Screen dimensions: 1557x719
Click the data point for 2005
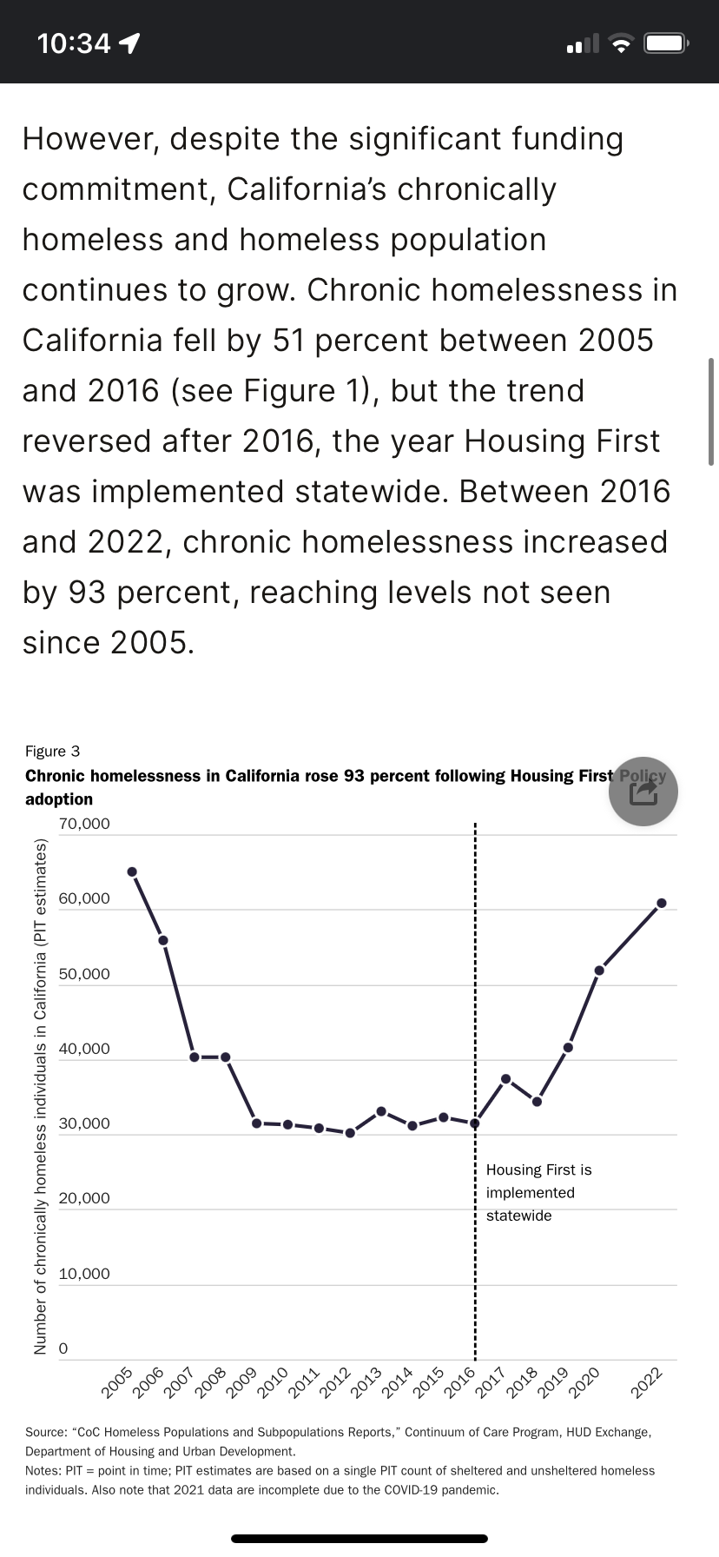132,871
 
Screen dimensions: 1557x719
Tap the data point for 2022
662,903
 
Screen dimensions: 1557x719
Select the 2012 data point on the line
350,1133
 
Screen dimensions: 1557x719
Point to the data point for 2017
506,1078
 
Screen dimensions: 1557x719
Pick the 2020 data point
599,970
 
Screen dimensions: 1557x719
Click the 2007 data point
195,1057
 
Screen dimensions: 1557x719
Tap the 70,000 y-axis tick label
84,824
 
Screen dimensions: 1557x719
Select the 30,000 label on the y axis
84,1123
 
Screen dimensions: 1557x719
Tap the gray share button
643,791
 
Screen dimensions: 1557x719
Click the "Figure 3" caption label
52,751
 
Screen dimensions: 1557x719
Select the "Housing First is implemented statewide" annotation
538,1193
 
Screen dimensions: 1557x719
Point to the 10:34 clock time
74,43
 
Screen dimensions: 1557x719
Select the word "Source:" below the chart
48,1432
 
